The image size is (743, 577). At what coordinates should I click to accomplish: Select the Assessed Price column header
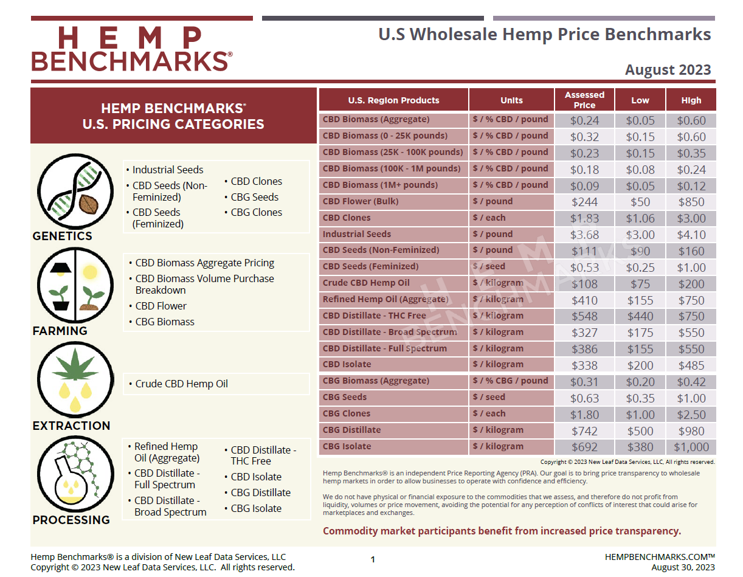[x=584, y=100]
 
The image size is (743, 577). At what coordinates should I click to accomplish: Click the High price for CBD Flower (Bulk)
[x=691, y=202]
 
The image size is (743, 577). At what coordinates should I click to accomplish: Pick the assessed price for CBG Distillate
[x=584, y=430]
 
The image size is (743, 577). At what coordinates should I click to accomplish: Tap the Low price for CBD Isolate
[x=640, y=365]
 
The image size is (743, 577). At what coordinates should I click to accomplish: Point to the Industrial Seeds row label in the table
[x=357, y=234]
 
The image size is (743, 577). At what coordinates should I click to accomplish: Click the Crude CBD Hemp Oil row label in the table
[x=366, y=283]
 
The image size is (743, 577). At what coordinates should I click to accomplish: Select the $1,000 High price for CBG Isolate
[x=691, y=447]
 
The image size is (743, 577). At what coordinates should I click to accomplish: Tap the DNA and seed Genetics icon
[x=76, y=191]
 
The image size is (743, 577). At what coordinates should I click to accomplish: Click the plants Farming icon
[x=75, y=285]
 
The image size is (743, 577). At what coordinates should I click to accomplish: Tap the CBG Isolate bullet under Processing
[x=256, y=508]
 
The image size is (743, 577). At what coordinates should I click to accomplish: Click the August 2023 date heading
[x=668, y=70]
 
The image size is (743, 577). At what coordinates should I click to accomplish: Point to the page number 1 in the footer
[x=373, y=559]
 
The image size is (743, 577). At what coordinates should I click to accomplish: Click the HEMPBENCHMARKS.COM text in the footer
[x=659, y=557]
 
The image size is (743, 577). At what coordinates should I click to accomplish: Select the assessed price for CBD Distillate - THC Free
[x=584, y=316]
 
